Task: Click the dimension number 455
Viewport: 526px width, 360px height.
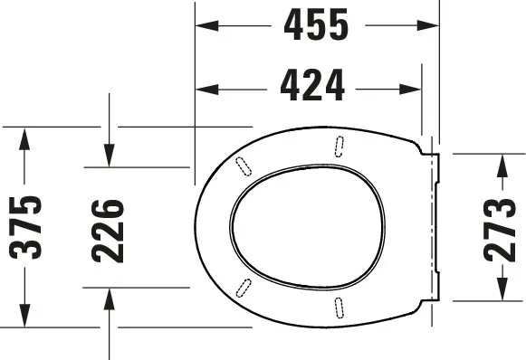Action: [x=316, y=24]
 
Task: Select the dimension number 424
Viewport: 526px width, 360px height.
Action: [x=312, y=85]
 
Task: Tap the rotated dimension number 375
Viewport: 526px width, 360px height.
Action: [x=25, y=228]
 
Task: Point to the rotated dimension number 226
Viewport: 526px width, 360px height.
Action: [x=108, y=231]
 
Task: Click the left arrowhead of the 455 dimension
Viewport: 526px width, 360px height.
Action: [x=207, y=25]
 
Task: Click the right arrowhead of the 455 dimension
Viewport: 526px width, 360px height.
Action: [x=427, y=25]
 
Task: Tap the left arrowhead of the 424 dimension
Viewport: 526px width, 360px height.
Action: [x=207, y=90]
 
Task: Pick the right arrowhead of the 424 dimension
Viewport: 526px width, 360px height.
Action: [x=410, y=90]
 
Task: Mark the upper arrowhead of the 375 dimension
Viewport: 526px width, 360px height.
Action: [x=24, y=139]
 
